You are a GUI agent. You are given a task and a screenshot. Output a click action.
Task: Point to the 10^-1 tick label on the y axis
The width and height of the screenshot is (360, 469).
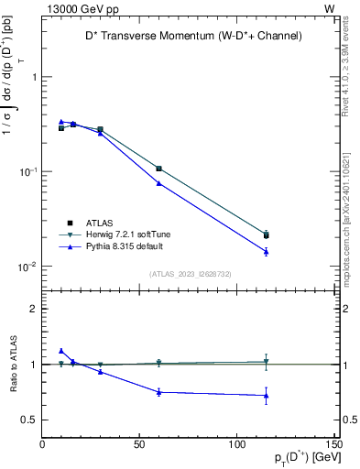[x=27, y=172]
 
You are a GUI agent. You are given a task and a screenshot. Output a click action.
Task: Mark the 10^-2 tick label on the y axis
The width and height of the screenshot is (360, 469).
[x=27, y=267]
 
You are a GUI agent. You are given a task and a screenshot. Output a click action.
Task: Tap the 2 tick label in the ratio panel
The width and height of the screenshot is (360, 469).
[x=33, y=309]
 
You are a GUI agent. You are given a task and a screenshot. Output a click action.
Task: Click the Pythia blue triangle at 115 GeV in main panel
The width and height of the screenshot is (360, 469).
[x=266, y=251]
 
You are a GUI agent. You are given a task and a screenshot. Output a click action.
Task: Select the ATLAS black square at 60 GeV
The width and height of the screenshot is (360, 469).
[x=158, y=169]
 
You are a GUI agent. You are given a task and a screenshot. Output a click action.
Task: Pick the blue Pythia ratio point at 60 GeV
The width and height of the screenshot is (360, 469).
[x=158, y=392]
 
